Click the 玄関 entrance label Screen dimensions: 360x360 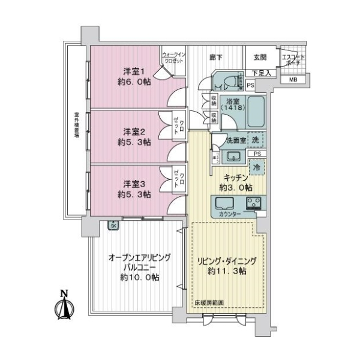point(259,58)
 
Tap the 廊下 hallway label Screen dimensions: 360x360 point(215,57)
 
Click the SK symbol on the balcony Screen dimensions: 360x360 point(112,225)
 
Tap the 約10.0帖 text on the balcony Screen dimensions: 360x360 point(139,277)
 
